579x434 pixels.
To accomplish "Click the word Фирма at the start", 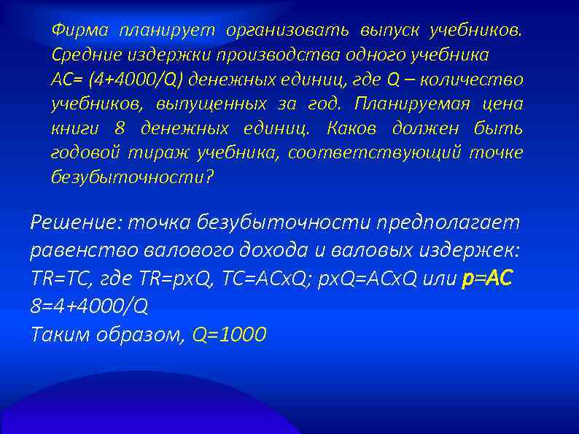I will coord(79,30).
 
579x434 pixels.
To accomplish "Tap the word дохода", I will coord(271,250).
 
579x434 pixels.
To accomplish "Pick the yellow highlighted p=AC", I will coord(489,278).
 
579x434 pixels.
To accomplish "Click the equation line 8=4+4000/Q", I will coord(89,306).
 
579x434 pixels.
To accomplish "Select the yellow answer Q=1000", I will coord(228,334).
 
